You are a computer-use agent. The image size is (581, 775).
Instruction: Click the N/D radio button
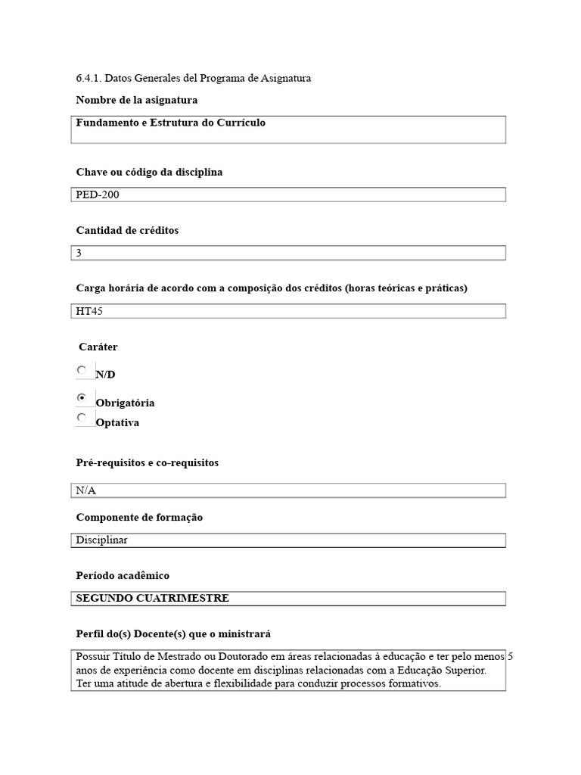pyautogui.click(x=82, y=370)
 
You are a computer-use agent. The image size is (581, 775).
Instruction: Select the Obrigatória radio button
pyautogui.click(x=82, y=397)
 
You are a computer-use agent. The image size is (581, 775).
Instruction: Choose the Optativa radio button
pyautogui.click(x=82, y=417)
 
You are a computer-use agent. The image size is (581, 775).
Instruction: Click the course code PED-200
pyautogui.click(x=98, y=195)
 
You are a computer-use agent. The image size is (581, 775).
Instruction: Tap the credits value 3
pyautogui.click(x=79, y=253)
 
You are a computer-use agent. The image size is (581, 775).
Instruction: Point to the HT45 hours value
pyautogui.click(x=89, y=311)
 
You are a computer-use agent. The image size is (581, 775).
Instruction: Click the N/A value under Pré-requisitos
pyautogui.click(x=86, y=490)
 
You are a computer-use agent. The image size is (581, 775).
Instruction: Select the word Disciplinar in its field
pyautogui.click(x=101, y=540)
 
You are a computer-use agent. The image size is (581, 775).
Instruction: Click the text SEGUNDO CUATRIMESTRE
pyautogui.click(x=152, y=599)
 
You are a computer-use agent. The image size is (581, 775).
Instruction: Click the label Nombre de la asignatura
pyautogui.click(x=137, y=100)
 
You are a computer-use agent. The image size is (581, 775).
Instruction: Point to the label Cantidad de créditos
pyautogui.click(x=127, y=230)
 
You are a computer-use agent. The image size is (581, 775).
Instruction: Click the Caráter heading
pyautogui.click(x=98, y=347)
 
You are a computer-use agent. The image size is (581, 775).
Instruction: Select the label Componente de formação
pyautogui.click(x=139, y=518)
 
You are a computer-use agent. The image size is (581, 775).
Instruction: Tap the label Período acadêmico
pyautogui.click(x=123, y=576)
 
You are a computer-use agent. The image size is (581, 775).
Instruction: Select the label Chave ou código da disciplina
pyautogui.click(x=149, y=173)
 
